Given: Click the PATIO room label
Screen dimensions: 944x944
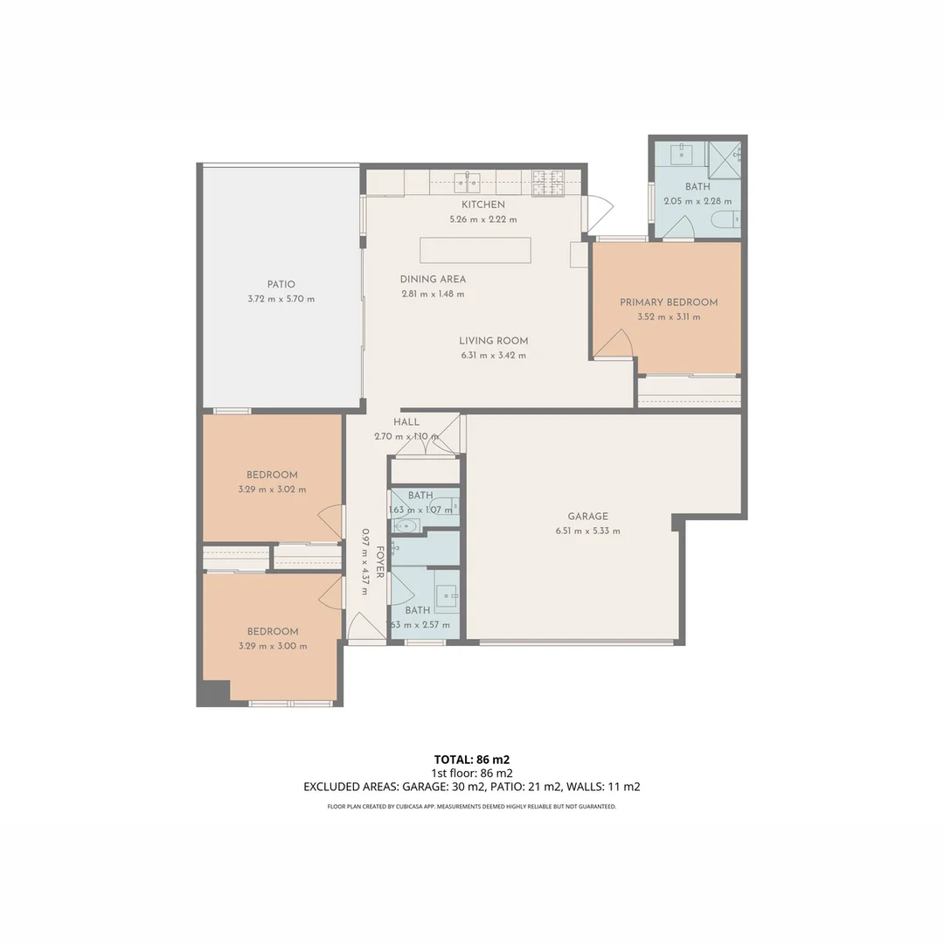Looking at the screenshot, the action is (x=281, y=284).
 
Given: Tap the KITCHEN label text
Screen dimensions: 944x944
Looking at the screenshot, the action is (x=482, y=205).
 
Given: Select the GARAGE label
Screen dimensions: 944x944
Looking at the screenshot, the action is (x=587, y=516).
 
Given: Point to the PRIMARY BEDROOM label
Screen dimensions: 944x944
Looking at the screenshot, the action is (x=669, y=302).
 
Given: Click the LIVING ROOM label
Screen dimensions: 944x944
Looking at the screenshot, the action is (x=493, y=341).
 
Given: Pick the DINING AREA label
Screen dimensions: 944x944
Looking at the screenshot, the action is (x=433, y=280).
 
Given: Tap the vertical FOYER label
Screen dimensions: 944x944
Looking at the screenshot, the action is (x=380, y=562).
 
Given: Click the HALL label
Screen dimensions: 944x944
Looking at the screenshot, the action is (x=406, y=422).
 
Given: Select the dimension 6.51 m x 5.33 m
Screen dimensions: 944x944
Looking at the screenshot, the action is (x=587, y=531).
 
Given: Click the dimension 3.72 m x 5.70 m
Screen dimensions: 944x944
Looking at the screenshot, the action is (x=281, y=299).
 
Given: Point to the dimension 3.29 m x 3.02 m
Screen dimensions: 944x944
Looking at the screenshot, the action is (x=272, y=489).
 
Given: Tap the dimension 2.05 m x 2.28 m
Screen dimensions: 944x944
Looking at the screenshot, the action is (x=698, y=201).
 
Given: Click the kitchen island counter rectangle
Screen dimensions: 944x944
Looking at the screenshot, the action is (x=475, y=251).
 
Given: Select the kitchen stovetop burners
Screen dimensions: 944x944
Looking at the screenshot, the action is (x=548, y=183).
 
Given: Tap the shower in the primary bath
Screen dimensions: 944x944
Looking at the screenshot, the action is (x=725, y=160).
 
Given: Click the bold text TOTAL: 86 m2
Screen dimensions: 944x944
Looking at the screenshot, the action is (x=472, y=760).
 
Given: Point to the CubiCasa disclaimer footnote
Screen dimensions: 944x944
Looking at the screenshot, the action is (x=472, y=807).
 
